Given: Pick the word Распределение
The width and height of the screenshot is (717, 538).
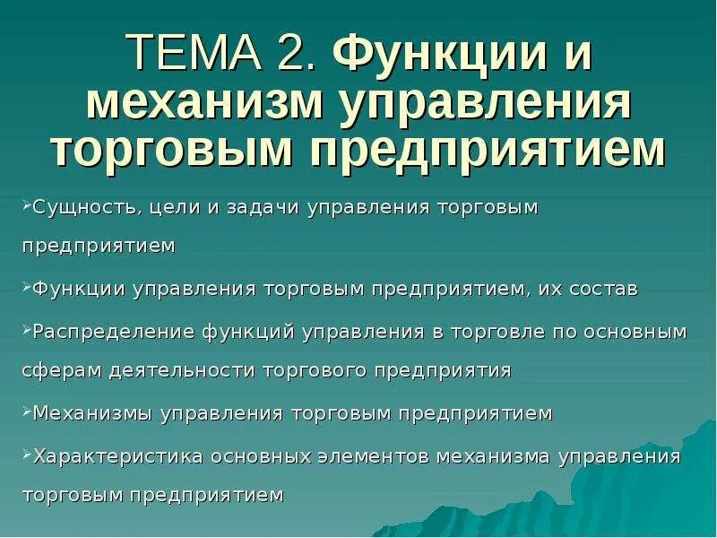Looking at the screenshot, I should (x=102, y=331).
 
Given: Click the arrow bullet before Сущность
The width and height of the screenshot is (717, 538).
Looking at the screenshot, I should (x=25, y=206).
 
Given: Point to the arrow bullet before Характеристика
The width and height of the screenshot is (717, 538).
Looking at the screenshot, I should (x=25, y=454).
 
